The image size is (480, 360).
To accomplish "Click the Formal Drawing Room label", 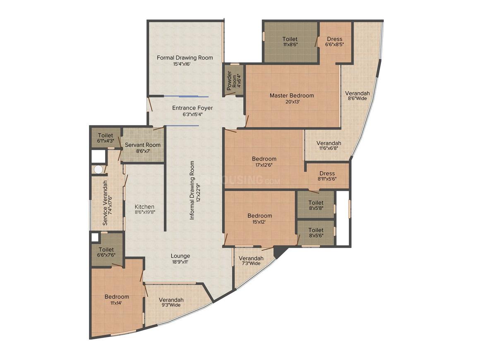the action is pyautogui.click(x=185, y=58).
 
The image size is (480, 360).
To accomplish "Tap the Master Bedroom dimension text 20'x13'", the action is pyautogui.click(x=293, y=102).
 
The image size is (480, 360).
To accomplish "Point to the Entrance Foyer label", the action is pyautogui.click(x=192, y=108).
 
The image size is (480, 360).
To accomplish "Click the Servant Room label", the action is pyautogui.click(x=143, y=145).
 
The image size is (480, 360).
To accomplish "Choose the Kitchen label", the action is pyautogui.click(x=144, y=206).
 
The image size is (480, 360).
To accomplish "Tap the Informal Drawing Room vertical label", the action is pyautogui.click(x=192, y=190).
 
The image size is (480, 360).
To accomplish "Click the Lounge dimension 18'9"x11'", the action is pyautogui.click(x=180, y=262).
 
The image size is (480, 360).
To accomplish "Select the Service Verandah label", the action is pyautogui.click(x=105, y=203).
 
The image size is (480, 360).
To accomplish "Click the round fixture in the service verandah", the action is pyautogui.click(x=98, y=169).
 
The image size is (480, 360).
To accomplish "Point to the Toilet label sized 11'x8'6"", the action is pyautogui.click(x=290, y=39).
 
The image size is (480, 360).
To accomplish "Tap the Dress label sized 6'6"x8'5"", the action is pyautogui.click(x=335, y=39).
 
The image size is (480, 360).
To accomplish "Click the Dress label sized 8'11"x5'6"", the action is pyautogui.click(x=327, y=173).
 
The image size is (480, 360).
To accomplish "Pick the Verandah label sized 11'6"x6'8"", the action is pyautogui.click(x=329, y=143).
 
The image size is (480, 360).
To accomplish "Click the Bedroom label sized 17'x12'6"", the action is pyautogui.click(x=264, y=158).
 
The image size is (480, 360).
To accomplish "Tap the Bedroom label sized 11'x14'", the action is pyautogui.click(x=117, y=297).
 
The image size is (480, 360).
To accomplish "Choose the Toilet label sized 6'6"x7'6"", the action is pyautogui.click(x=106, y=250).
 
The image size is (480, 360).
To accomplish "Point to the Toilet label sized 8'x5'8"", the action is pyautogui.click(x=316, y=203).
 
